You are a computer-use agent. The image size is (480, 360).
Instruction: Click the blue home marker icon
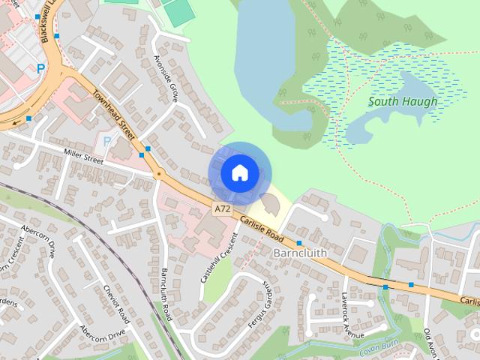click(239, 173)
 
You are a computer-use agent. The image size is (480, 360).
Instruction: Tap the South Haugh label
click(403, 101)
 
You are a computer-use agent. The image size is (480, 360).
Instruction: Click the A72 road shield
click(220, 208)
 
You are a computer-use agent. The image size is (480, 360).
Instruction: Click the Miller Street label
click(83, 158)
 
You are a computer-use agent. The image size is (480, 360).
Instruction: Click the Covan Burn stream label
click(376, 346)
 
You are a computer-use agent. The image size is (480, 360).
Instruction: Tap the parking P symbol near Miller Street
click(106, 140)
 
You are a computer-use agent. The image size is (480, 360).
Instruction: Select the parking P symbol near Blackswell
click(40, 68)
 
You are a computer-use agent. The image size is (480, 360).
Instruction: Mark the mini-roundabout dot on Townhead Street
click(157, 174)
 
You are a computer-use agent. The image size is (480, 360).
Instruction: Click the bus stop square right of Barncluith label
click(299, 243)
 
